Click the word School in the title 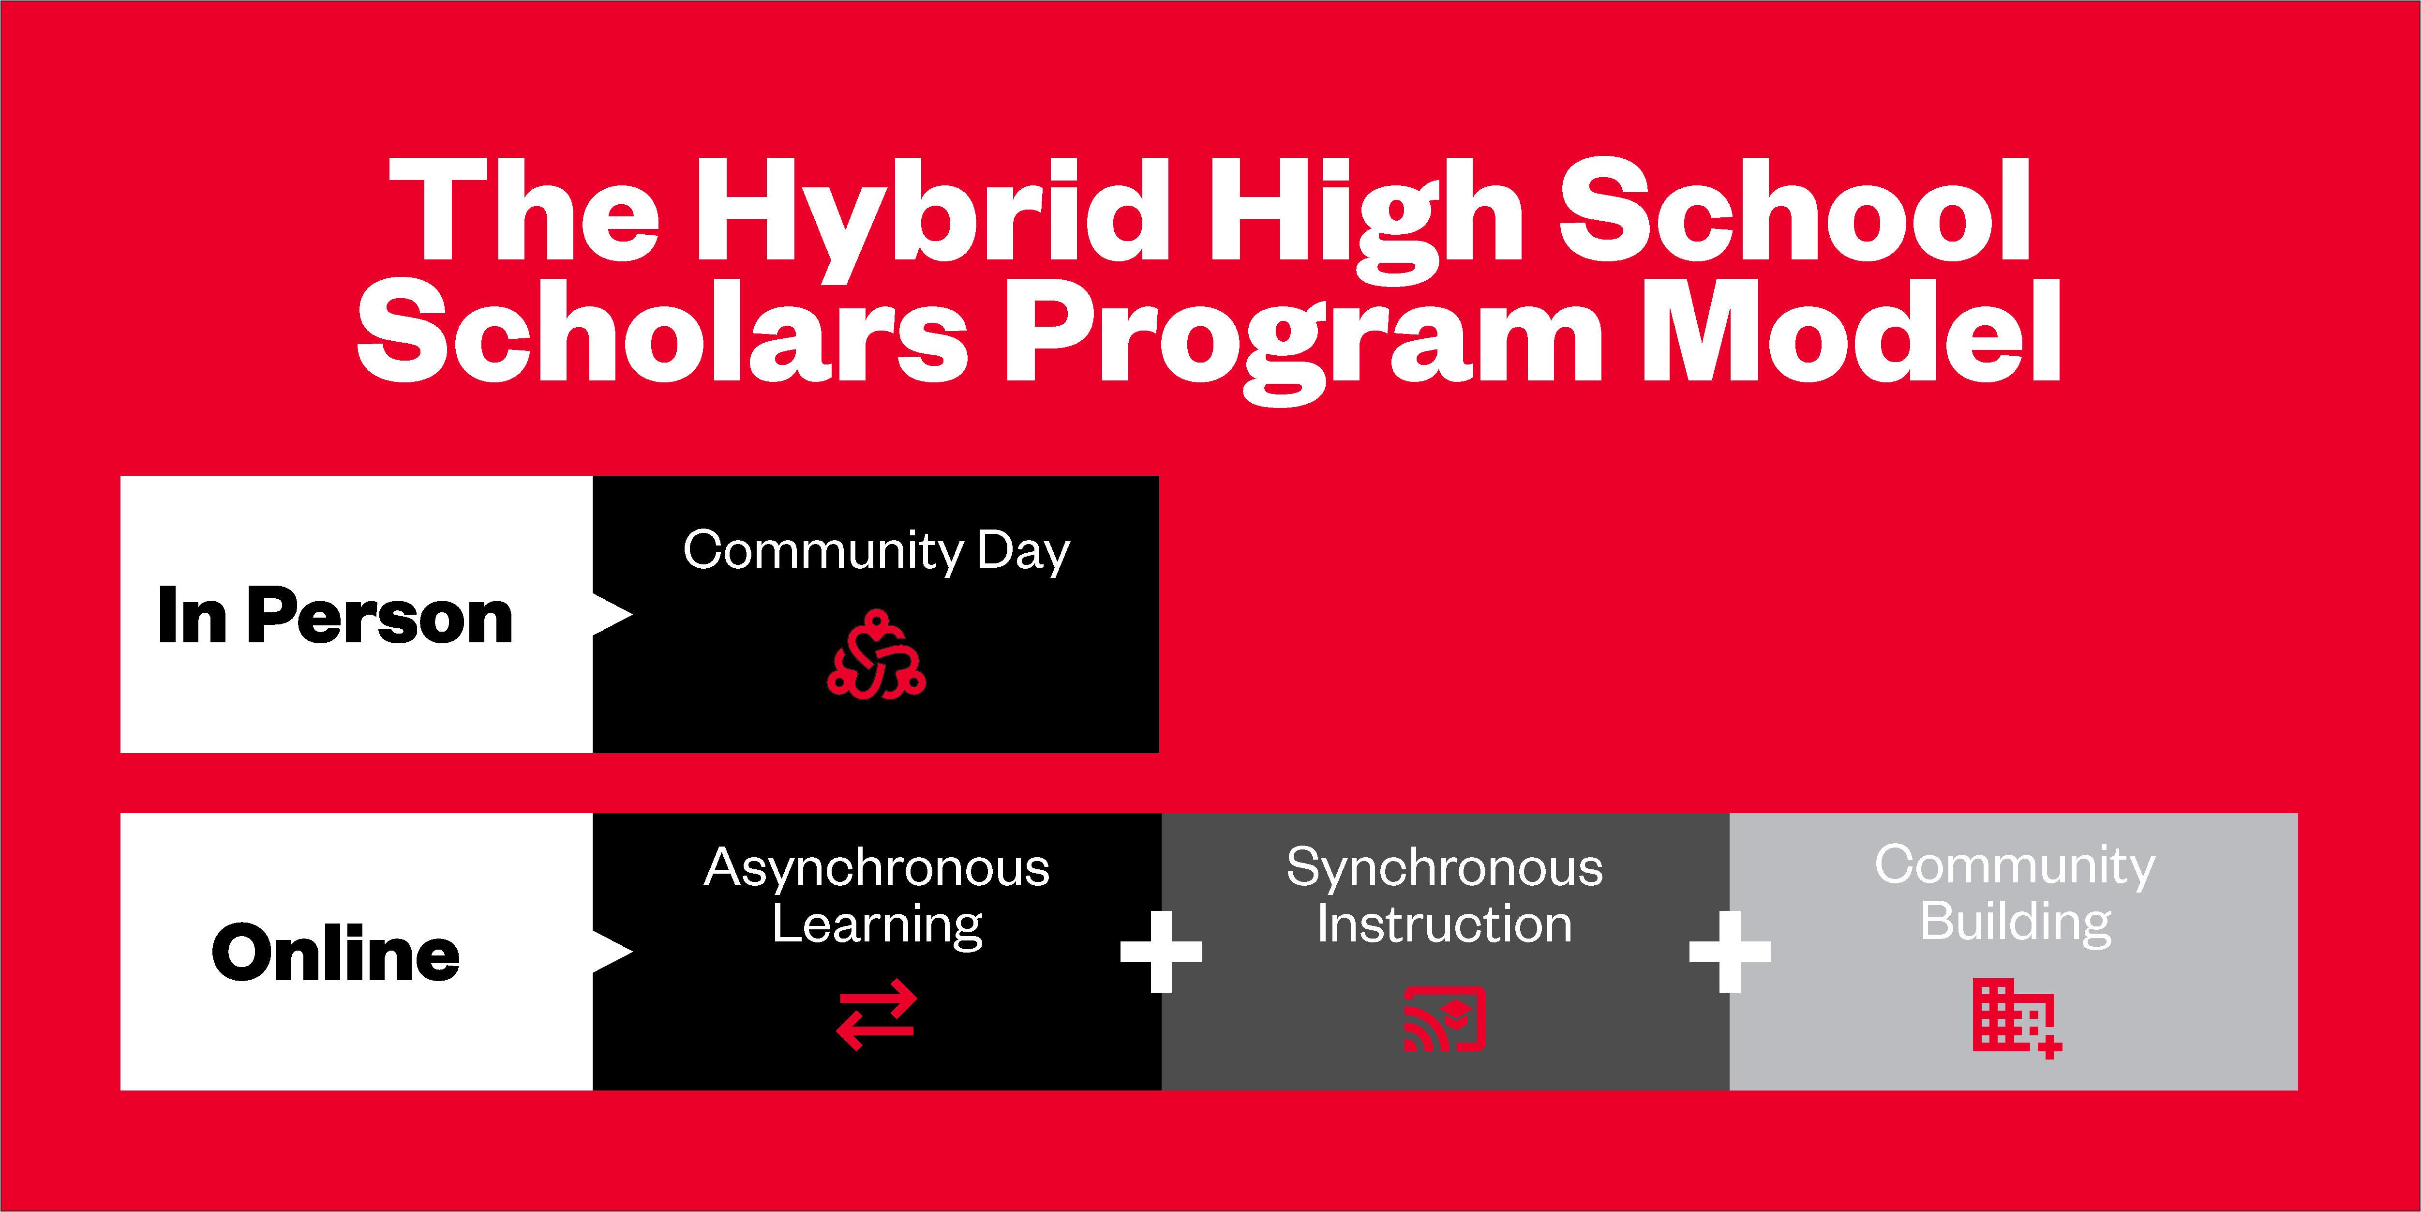coord(1795,209)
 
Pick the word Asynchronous coord(877,867)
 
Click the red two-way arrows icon coord(876,1015)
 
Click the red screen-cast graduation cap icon coord(1445,1018)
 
